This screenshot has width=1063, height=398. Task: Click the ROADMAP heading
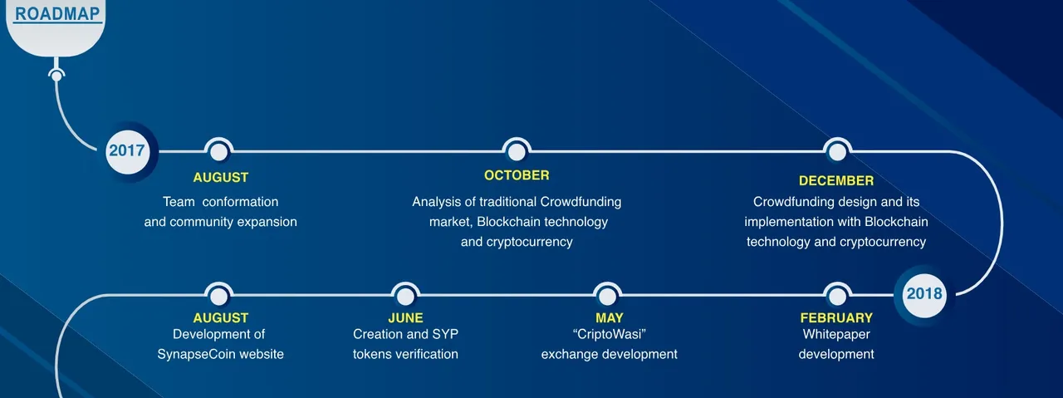click(x=57, y=13)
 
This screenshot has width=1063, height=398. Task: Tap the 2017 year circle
click(x=127, y=151)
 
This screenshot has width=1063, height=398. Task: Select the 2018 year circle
click(x=924, y=294)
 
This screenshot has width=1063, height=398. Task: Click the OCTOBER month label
click(x=517, y=175)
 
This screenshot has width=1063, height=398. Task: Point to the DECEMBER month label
click(x=836, y=180)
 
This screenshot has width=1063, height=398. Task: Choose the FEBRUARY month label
click(x=836, y=317)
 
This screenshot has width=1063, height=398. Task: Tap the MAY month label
click(x=610, y=317)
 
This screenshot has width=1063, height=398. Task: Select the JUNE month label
click(x=405, y=317)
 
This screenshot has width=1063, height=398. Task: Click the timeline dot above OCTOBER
click(x=517, y=152)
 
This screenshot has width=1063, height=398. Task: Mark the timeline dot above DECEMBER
click(x=837, y=152)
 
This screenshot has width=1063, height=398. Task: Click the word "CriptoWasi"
click(x=610, y=334)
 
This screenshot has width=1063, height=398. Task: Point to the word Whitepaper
click(x=836, y=334)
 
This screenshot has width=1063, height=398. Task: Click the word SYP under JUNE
click(x=445, y=334)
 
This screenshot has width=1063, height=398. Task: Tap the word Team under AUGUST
click(x=179, y=202)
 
